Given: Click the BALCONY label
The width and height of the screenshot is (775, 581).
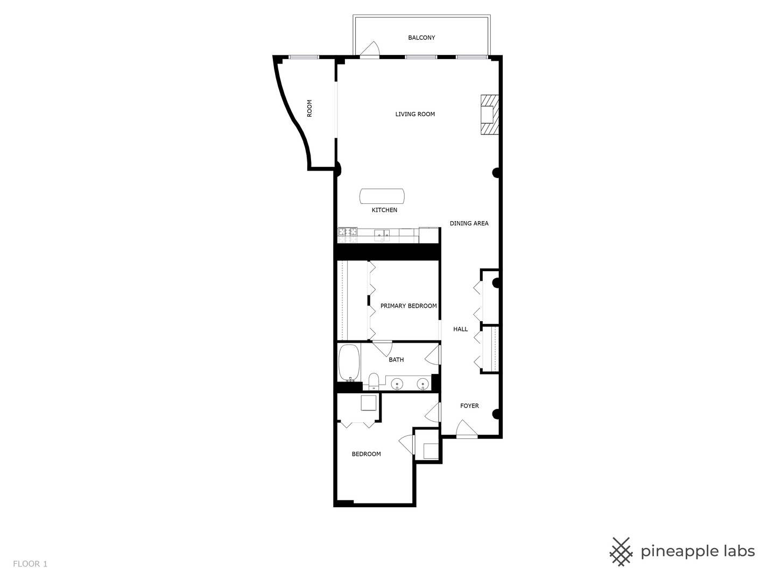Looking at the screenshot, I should [421, 38].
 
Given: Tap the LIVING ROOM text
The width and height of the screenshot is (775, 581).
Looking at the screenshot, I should [415, 114].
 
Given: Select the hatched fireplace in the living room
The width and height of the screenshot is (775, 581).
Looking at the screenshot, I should [489, 115].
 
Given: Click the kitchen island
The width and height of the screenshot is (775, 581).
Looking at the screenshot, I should [382, 196].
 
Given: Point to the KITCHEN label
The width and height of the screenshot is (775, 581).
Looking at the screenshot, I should [384, 210].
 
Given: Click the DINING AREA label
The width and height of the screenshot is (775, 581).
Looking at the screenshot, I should [469, 223].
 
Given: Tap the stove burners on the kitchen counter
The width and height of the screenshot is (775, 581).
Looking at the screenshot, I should [348, 232].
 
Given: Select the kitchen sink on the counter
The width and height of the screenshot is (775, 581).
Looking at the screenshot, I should [382, 234].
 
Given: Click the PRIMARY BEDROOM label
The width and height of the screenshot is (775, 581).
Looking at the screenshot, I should [408, 306].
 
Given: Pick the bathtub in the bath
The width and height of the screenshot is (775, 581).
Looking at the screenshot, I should [349, 363].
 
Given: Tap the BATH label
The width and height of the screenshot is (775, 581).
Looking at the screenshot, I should [396, 360].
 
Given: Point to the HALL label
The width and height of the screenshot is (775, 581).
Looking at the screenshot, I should [460, 329].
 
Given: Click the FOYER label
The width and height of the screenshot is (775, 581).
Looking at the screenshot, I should [469, 406].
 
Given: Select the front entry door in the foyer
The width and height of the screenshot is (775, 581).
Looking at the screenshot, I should [466, 429].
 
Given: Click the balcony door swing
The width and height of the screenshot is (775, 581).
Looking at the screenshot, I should [370, 49].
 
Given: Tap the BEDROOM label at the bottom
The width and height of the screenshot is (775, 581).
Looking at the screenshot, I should [366, 454].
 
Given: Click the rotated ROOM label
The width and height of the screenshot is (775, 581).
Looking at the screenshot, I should [309, 108].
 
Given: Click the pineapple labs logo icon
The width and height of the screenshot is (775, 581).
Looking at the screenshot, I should [621, 551].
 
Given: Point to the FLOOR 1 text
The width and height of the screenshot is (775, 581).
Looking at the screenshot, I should [30, 564].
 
